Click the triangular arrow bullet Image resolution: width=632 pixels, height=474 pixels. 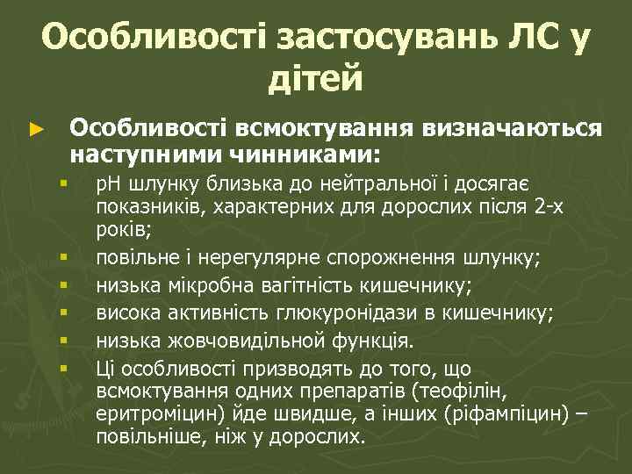click(35, 130)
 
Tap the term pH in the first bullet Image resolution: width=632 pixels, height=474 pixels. click(111, 183)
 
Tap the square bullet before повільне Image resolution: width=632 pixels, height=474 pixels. click(64, 258)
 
